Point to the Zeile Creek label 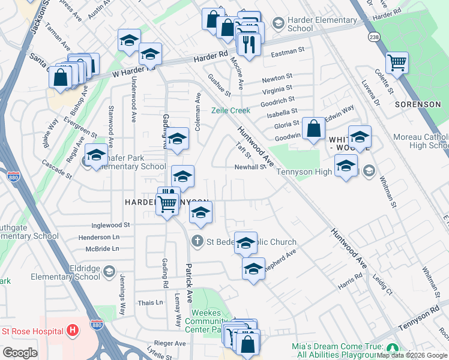(231, 110)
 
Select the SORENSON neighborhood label (418, 104)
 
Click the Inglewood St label (110, 225)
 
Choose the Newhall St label (250, 167)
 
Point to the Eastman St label (288, 52)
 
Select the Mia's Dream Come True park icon (393, 349)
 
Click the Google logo (20, 353)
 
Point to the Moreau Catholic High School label (421, 142)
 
